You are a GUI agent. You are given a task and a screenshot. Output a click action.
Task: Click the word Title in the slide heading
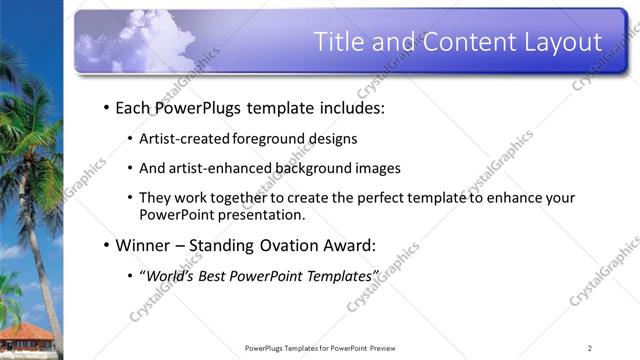[339, 42]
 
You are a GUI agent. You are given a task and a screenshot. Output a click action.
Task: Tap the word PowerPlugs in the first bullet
[197, 107]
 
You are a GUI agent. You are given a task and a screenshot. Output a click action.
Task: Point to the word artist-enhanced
[212, 168]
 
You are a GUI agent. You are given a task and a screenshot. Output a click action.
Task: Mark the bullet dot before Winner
[106, 245]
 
